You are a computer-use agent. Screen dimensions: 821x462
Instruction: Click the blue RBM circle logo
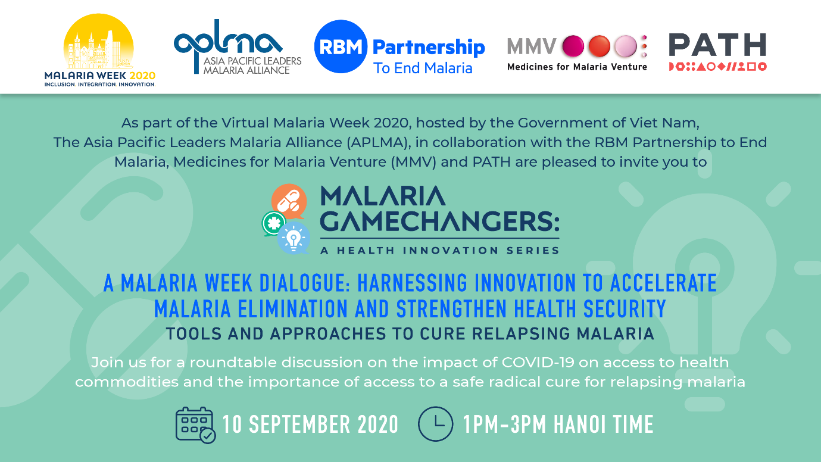341,46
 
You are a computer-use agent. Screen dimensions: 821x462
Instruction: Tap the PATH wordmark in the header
717,45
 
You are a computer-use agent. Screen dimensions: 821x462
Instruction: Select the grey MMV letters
532,46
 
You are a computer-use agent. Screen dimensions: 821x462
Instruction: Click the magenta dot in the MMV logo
573,46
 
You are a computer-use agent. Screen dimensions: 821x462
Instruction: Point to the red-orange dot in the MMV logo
600,46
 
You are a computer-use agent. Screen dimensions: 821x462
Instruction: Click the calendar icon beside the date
195,425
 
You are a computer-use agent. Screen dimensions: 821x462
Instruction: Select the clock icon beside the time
435,424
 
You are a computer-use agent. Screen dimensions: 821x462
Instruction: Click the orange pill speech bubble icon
289,201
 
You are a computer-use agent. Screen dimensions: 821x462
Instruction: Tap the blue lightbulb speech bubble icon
294,239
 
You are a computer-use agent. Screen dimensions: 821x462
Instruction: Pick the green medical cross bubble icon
274,223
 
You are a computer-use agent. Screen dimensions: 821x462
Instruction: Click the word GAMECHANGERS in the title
440,221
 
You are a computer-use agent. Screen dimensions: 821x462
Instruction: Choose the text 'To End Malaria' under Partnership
423,68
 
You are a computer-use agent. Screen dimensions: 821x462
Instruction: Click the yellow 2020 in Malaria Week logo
142,76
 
